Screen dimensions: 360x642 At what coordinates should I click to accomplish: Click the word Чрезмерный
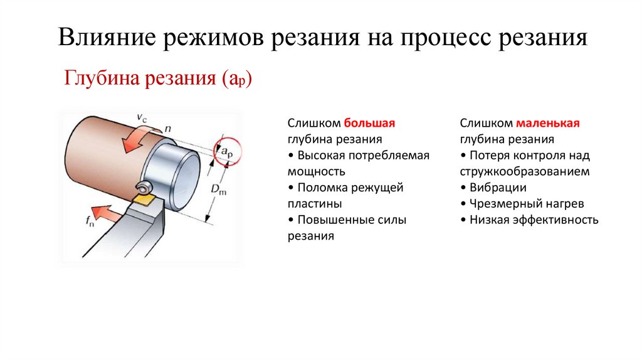click(x=502, y=204)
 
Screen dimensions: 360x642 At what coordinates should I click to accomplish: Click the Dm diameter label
click(x=218, y=189)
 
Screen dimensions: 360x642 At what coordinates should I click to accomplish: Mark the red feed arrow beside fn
click(x=109, y=214)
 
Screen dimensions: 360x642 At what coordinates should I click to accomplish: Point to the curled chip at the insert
click(x=144, y=187)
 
